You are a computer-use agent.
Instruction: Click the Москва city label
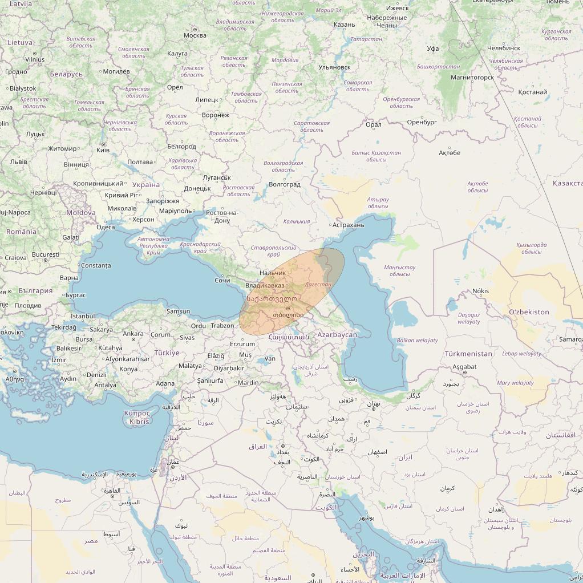(x=195, y=35)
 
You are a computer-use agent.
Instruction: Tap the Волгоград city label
(x=284, y=185)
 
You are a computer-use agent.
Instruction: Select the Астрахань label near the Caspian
(x=348, y=225)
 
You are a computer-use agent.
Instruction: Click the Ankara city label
(x=133, y=334)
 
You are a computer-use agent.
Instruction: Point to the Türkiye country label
(x=167, y=353)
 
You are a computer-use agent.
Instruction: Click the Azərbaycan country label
(x=337, y=335)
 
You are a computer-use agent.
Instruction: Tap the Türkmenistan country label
(x=468, y=354)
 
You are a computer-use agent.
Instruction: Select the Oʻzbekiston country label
(x=529, y=312)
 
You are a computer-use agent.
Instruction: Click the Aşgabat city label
(x=464, y=367)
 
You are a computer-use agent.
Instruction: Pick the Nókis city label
(x=480, y=291)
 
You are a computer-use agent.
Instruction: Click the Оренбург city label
(x=422, y=122)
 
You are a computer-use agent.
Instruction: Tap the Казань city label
(x=344, y=25)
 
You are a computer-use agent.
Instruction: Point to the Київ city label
(x=103, y=150)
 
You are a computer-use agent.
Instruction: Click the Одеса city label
(x=106, y=227)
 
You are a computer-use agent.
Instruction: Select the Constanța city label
(x=96, y=265)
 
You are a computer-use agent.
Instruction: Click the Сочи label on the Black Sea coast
(x=222, y=281)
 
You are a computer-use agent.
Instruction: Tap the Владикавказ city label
(x=265, y=285)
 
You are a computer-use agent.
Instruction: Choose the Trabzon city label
(x=222, y=326)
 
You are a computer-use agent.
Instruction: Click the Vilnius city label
(x=35, y=59)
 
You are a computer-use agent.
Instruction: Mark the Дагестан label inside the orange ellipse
(x=318, y=284)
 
